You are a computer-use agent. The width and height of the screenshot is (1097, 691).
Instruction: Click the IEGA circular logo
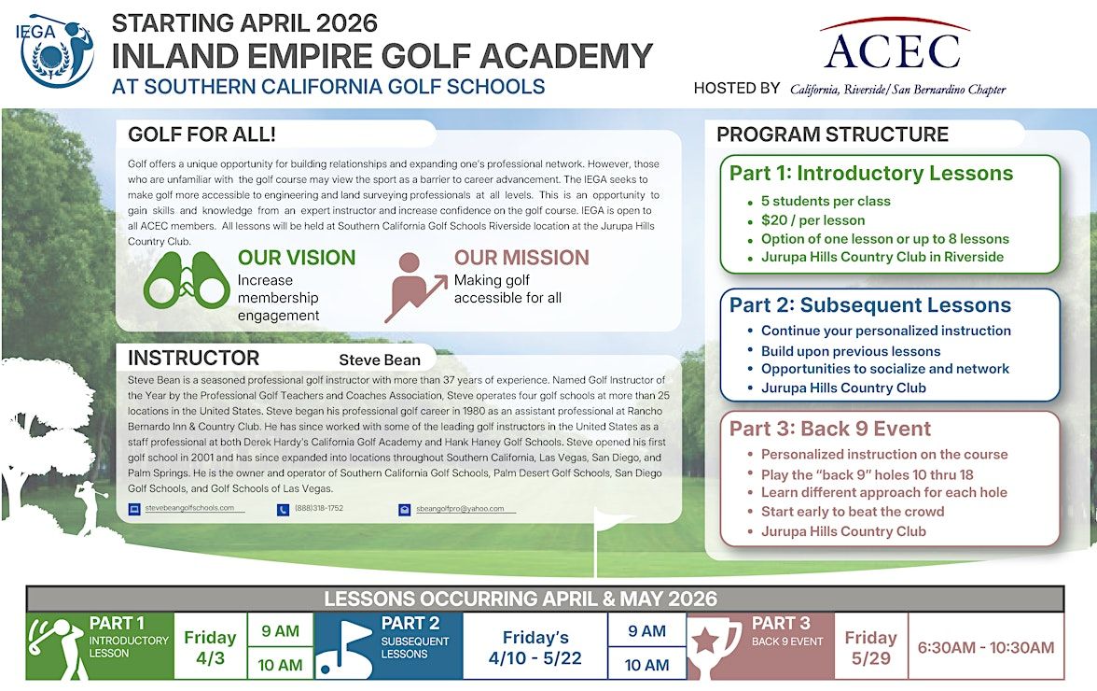point(57,51)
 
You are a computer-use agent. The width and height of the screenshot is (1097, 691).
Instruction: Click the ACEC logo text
point(893,51)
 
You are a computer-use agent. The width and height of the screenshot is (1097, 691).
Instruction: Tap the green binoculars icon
point(186,281)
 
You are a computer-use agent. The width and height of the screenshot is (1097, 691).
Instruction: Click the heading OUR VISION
point(297,258)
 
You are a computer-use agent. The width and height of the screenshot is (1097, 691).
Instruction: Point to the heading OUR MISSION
point(521,258)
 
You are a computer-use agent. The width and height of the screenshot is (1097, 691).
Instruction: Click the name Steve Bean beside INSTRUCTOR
point(380,360)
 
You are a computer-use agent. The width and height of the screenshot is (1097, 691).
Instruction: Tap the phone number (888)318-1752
point(318,509)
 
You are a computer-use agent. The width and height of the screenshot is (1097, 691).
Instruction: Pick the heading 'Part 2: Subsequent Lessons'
point(870,305)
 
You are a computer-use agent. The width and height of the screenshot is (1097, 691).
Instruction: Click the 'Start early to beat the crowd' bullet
point(853,512)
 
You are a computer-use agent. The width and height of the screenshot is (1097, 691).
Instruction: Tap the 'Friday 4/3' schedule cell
point(210,646)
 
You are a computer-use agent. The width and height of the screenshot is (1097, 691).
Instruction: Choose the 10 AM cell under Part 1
point(281,665)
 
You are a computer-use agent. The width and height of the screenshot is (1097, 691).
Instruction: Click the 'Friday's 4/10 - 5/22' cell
point(535,646)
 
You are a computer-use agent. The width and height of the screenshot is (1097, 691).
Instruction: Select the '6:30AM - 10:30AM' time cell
point(986,647)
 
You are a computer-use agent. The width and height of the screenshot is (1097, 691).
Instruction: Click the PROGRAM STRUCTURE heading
point(832,134)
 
